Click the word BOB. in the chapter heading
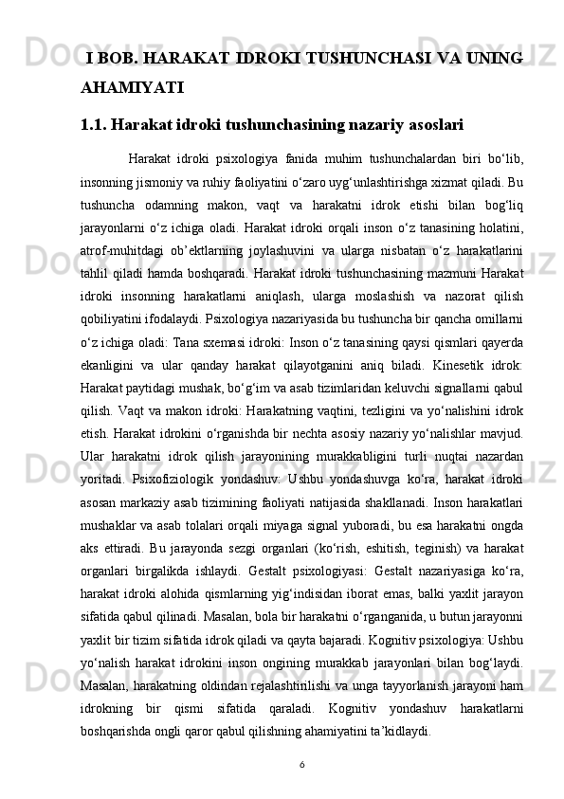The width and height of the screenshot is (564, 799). coord(121,59)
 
